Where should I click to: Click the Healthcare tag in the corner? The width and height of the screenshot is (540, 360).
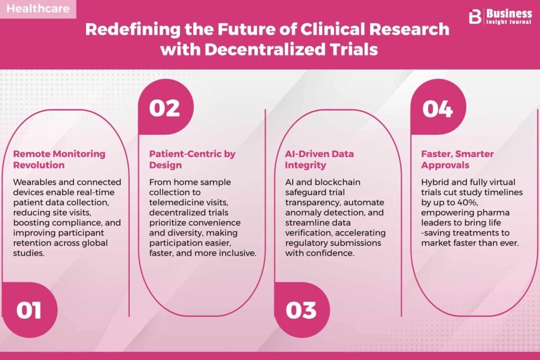(38, 8)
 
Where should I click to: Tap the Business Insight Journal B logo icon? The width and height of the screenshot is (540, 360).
(475, 17)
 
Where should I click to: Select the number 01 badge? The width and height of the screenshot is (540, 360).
(30, 310)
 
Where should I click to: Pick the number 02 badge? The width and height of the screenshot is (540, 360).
(166, 108)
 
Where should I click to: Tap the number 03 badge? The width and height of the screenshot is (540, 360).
(302, 310)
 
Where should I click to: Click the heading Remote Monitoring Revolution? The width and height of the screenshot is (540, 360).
(59, 159)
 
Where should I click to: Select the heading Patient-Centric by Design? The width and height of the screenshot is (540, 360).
(192, 159)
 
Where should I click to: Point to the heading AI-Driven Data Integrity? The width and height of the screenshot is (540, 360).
(319, 159)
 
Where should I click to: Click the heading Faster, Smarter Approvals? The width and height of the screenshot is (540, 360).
(457, 159)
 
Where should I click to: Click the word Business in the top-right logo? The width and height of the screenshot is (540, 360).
(509, 14)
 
